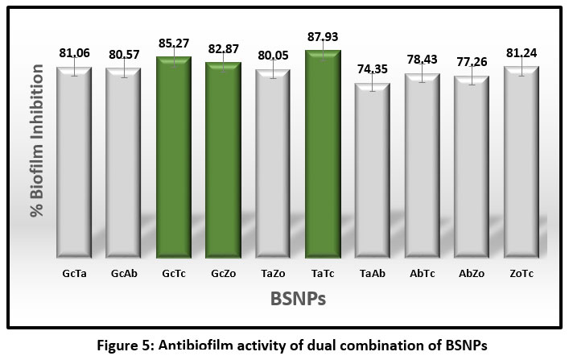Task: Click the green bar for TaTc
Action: click(323, 153)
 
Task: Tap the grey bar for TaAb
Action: click(373, 169)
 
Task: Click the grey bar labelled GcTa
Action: click(74, 161)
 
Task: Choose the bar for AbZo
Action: click(472, 166)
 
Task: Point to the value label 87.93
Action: click(323, 36)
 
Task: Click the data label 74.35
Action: click(373, 68)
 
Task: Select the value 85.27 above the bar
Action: click(173, 43)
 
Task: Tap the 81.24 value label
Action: click(522, 54)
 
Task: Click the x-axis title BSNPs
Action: click(297, 299)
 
